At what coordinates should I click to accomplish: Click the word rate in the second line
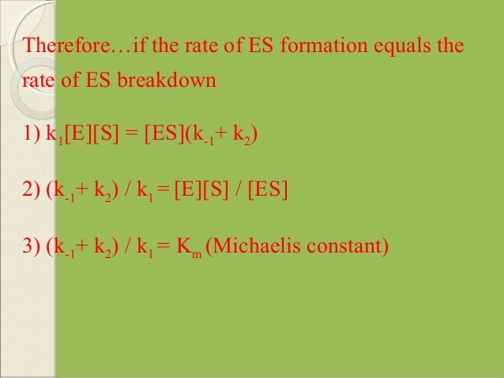39,81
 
